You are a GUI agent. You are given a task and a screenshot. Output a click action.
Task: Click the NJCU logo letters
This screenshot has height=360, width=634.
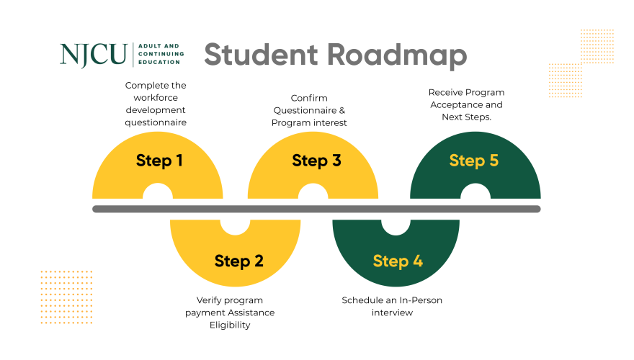pyautogui.click(x=93, y=55)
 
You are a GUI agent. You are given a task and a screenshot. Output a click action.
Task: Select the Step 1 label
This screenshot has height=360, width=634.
pyautogui.click(x=159, y=160)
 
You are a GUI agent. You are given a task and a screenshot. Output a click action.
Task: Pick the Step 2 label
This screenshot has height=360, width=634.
pyautogui.click(x=239, y=261)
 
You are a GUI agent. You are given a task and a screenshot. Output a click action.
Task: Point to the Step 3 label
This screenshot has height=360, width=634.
pyautogui.click(x=316, y=160)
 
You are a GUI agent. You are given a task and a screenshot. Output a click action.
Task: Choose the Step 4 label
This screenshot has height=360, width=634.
pyautogui.click(x=397, y=261)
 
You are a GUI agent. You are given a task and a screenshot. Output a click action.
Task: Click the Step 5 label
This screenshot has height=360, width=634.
pyautogui.click(x=473, y=160)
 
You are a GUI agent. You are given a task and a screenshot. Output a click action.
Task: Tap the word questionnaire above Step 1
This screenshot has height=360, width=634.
pyautogui.click(x=156, y=122)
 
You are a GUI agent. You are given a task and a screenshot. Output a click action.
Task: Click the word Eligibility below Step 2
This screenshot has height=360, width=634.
pyautogui.click(x=230, y=325)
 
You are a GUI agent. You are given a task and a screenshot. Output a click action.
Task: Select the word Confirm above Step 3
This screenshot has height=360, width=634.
pyautogui.click(x=309, y=98)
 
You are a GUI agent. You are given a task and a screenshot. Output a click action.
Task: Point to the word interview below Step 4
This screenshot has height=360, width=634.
pyautogui.click(x=392, y=312)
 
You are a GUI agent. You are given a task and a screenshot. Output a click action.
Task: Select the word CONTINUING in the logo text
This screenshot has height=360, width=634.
pyautogui.click(x=160, y=54)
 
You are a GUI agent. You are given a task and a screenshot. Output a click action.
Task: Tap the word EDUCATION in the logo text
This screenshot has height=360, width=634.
pyautogui.click(x=158, y=63)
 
